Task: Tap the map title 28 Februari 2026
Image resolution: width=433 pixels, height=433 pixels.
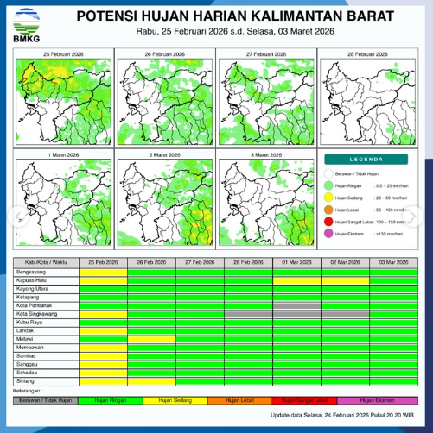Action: [368, 53]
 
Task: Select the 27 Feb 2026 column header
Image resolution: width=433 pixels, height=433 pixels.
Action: [200, 261]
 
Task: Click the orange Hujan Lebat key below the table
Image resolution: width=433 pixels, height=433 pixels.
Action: [248, 400]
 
